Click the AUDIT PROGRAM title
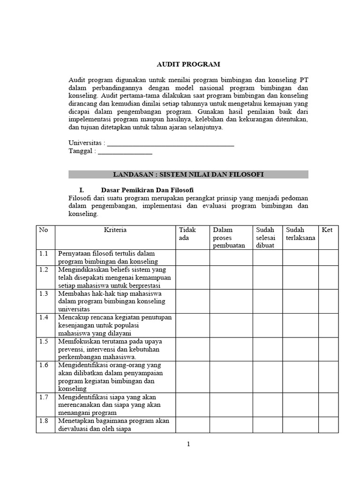click(x=188, y=64)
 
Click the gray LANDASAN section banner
click(x=188, y=174)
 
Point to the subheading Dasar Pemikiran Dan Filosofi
click(x=147, y=190)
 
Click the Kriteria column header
click(x=115, y=230)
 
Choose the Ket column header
click(x=328, y=230)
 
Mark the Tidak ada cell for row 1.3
click(x=192, y=301)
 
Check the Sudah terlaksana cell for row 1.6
click(x=300, y=375)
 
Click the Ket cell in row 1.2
click(x=328, y=277)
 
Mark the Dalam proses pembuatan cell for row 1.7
click(x=231, y=405)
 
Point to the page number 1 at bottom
click(x=188, y=445)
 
